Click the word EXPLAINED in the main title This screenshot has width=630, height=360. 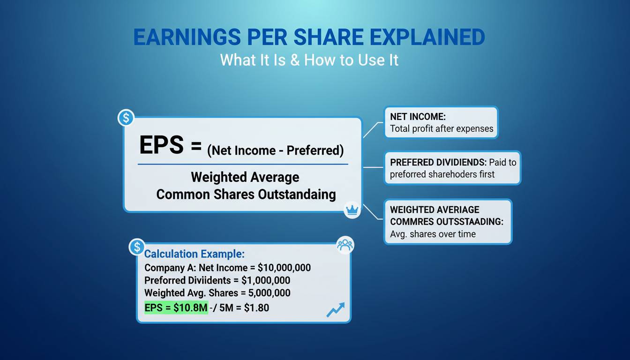[x=427, y=37]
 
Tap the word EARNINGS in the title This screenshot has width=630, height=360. [x=187, y=37]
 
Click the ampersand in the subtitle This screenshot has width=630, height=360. [x=295, y=60]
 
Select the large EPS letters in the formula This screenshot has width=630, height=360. [x=161, y=145]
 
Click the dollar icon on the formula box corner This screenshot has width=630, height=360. [x=126, y=118]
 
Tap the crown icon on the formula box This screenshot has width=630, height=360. [x=352, y=210]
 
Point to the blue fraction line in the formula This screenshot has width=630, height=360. [x=243, y=164]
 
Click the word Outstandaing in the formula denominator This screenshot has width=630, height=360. [x=297, y=195]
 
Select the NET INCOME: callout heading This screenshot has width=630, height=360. [x=418, y=116]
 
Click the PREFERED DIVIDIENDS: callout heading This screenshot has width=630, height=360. [x=438, y=162]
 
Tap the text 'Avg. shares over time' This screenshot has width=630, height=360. [x=433, y=234]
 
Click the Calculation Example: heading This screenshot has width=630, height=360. [x=195, y=254]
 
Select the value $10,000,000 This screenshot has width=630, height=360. [x=284, y=268]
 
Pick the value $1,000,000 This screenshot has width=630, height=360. [x=266, y=280]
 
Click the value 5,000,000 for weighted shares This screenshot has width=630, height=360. [x=269, y=293]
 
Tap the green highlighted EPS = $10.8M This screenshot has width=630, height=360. [x=176, y=307]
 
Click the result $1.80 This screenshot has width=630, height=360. [x=256, y=307]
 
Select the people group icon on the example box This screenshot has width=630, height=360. [x=345, y=245]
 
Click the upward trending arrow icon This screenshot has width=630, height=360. [x=336, y=310]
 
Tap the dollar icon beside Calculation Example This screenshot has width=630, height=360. [x=137, y=247]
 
